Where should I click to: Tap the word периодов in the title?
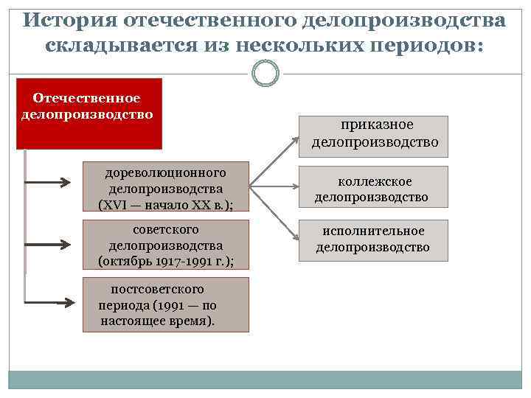point(421,46)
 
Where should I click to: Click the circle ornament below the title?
point(265,72)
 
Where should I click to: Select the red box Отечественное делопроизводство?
point(88,114)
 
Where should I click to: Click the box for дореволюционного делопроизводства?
point(166,188)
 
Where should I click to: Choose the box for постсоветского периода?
point(166,304)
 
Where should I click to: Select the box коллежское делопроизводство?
point(372,189)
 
